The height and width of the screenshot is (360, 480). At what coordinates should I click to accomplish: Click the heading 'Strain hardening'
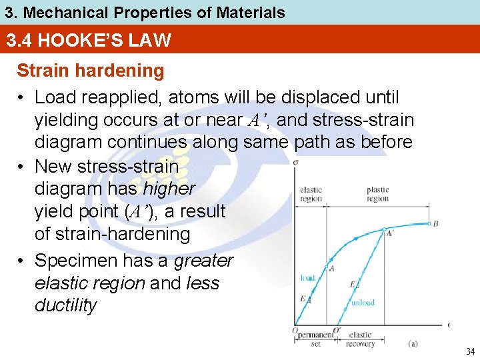click(x=90, y=71)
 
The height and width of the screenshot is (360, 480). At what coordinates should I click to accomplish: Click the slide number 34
click(x=471, y=351)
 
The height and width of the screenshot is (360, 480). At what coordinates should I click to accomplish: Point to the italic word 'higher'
click(x=169, y=189)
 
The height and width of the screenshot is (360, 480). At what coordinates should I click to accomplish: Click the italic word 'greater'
click(x=203, y=260)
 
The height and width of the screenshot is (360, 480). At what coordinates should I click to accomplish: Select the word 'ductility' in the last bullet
click(x=65, y=305)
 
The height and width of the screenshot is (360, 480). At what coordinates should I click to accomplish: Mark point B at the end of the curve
click(x=435, y=224)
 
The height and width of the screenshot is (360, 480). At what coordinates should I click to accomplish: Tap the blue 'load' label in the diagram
click(x=308, y=278)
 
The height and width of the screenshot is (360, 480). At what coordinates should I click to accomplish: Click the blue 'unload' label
click(x=363, y=302)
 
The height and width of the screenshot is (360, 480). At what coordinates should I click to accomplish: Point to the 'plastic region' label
click(x=377, y=194)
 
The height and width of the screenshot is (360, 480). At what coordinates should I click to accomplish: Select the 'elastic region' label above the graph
click(x=311, y=194)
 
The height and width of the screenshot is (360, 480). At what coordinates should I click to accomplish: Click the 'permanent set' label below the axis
click(x=315, y=339)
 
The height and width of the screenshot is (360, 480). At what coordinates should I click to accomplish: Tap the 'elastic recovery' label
click(x=361, y=339)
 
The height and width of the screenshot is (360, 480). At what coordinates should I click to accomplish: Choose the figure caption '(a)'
click(x=413, y=344)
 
